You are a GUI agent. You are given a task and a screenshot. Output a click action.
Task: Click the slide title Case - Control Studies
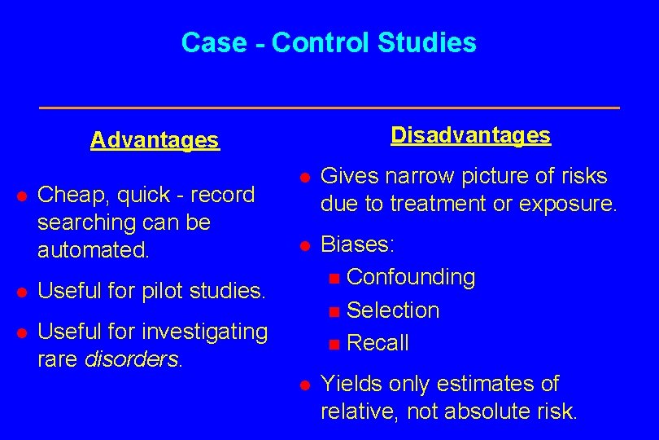click(x=329, y=42)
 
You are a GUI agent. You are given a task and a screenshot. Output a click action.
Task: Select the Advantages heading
click(x=155, y=140)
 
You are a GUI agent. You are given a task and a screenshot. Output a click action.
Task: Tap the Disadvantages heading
click(x=470, y=135)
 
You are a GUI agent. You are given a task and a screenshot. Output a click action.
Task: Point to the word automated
click(x=93, y=250)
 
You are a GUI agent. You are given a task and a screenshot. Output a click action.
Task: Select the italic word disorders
click(x=133, y=359)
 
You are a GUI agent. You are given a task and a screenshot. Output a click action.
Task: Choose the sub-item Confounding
click(x=410, y=277)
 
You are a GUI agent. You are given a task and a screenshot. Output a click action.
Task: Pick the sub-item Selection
click(x=392, y=310)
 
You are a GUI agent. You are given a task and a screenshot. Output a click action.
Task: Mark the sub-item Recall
click(x=378, y=343)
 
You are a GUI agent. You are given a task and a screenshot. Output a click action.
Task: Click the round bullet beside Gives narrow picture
click(x=303, y=177)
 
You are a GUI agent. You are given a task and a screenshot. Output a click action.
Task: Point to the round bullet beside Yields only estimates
click(x=303, y=385)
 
